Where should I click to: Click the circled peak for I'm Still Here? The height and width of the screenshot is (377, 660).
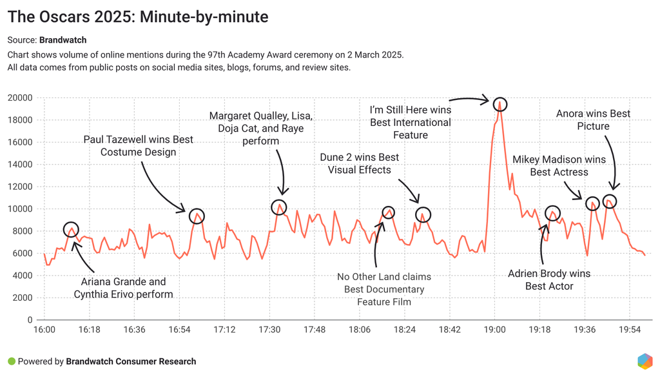[x=500, y=104]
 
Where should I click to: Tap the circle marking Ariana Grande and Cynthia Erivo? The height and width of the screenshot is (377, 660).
[x=71, y=229]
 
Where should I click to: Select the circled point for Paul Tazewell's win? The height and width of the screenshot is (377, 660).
[x=197, y=216]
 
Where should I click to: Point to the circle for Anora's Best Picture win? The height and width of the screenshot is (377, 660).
[x=609, y=201]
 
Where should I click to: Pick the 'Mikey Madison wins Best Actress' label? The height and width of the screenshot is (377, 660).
[x=559, y=166]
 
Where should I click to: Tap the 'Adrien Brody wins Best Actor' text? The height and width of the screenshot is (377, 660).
[x=549, y=280]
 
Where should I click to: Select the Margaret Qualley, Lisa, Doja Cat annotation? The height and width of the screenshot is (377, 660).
[x=261, y=128]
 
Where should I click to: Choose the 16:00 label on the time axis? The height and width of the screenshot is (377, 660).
[x=44, y=330]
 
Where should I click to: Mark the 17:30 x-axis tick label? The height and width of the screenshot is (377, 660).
[x=269, y=330]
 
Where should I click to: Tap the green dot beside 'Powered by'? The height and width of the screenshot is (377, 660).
[x=11, y=362]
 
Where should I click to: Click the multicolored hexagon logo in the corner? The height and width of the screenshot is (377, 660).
[x=645, y=362]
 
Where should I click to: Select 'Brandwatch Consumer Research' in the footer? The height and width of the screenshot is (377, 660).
[x=131, y=362]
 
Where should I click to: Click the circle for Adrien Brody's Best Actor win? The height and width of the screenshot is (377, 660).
[x=552, y=214]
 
